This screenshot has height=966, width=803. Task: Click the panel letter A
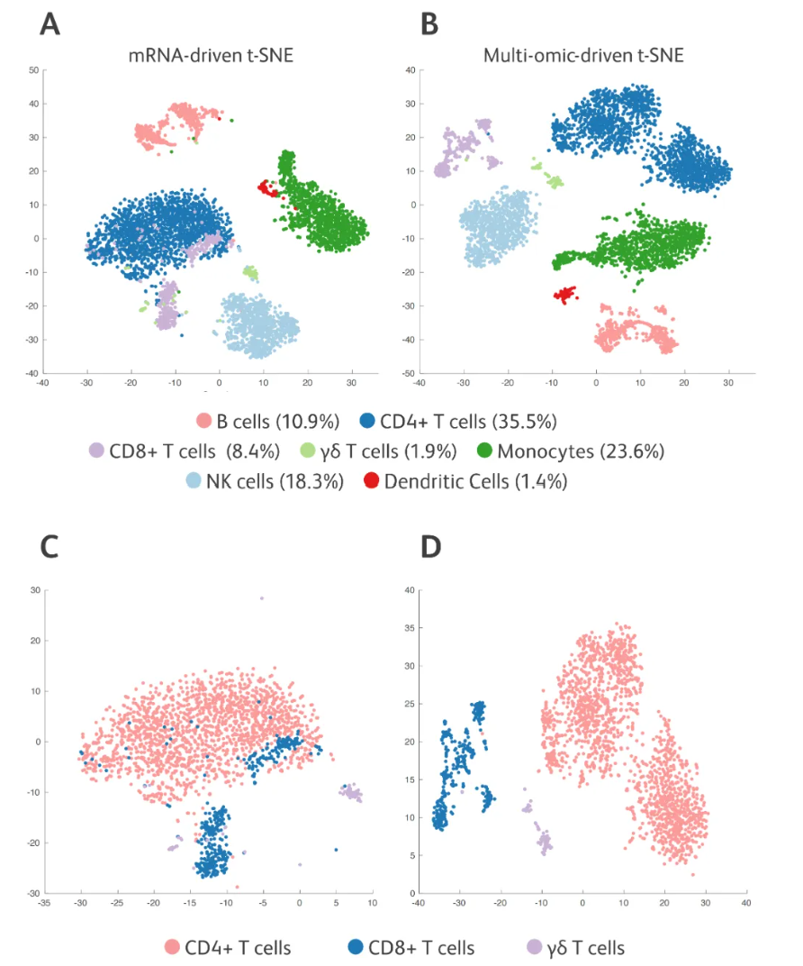coord(51,24)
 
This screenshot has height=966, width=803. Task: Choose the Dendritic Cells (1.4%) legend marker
coord(370,481)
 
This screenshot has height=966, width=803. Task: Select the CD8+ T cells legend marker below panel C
coord(357,947)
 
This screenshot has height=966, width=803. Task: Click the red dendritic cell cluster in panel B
coord(565,294)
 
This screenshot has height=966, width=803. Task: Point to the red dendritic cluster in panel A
coord(267,187)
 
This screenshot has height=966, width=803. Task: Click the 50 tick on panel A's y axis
coord(32,69)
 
